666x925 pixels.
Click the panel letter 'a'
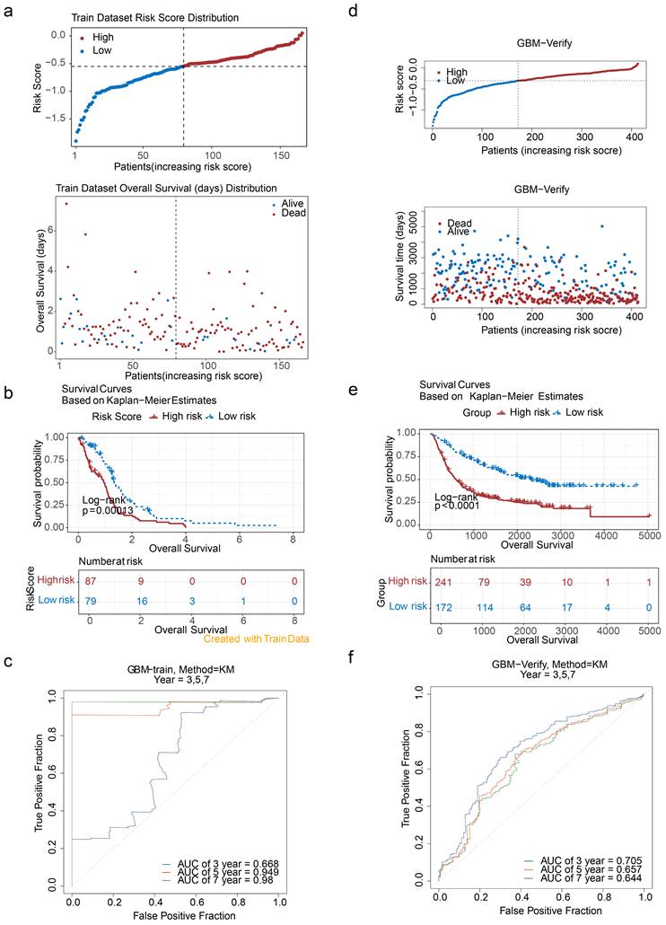(7, 10)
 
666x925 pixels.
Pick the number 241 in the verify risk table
(439, 585)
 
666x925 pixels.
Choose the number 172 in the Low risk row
(439, 607)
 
